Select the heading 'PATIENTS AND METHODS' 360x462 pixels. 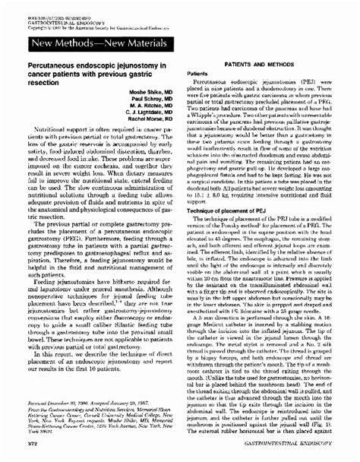click(x=254, y=67)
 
